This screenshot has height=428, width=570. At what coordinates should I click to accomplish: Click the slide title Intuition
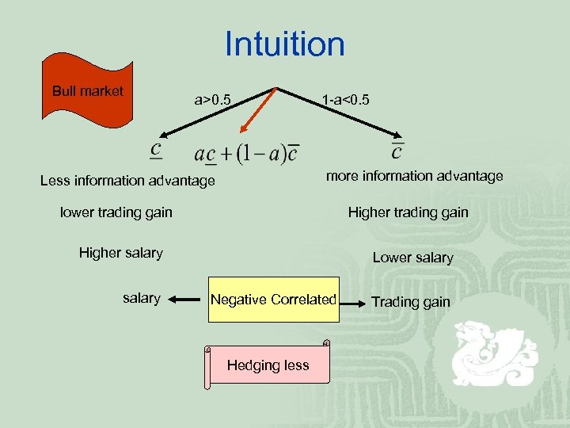click(x=284, y=44)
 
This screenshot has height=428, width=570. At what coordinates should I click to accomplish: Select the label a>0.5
click(x=213, y=100)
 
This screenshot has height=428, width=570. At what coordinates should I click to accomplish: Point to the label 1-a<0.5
click(x=345, y=100)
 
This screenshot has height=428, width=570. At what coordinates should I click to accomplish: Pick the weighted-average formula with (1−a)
click(x=248, y=153)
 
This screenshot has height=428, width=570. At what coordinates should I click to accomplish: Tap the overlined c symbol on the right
click(x=397, y=149)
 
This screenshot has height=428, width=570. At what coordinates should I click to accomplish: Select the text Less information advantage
click(x=127, y=181)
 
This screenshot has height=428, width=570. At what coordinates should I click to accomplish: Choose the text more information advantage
click(x=414, y=176)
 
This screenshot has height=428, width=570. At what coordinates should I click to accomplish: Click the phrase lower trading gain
click(x=116, y=212)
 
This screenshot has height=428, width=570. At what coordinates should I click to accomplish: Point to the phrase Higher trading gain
click(x=408, y=212)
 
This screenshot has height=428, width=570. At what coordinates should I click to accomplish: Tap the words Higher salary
click(x=120, y=253)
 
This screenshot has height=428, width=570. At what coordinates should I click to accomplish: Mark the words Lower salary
click(x=412, y=258)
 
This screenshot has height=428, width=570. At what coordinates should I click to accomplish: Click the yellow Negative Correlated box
click(x=273, y=300)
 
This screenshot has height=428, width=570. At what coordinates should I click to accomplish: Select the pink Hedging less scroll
click(x=268, y=365)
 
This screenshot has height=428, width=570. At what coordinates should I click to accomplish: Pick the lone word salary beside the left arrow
click(x=142, y=299)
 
